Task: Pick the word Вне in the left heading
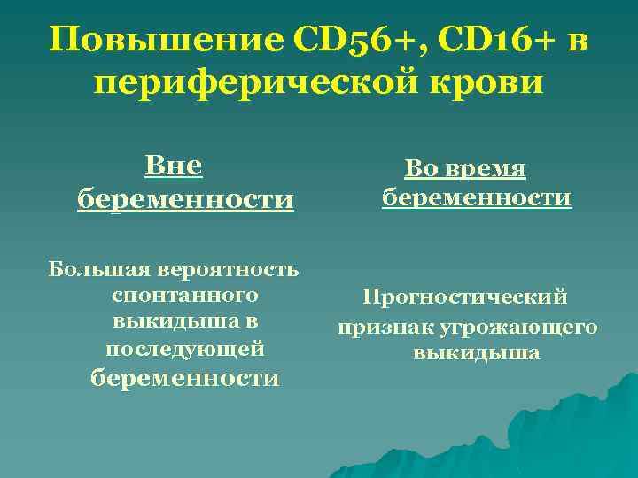click(174, 166)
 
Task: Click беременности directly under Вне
click(185, 199)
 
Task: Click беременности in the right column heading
click(477, 197)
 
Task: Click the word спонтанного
click(185, 294)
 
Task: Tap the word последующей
click(185, 349)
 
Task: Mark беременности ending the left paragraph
click(185, 378)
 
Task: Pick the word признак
click(382, 327)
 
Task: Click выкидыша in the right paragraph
click(477, 354)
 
